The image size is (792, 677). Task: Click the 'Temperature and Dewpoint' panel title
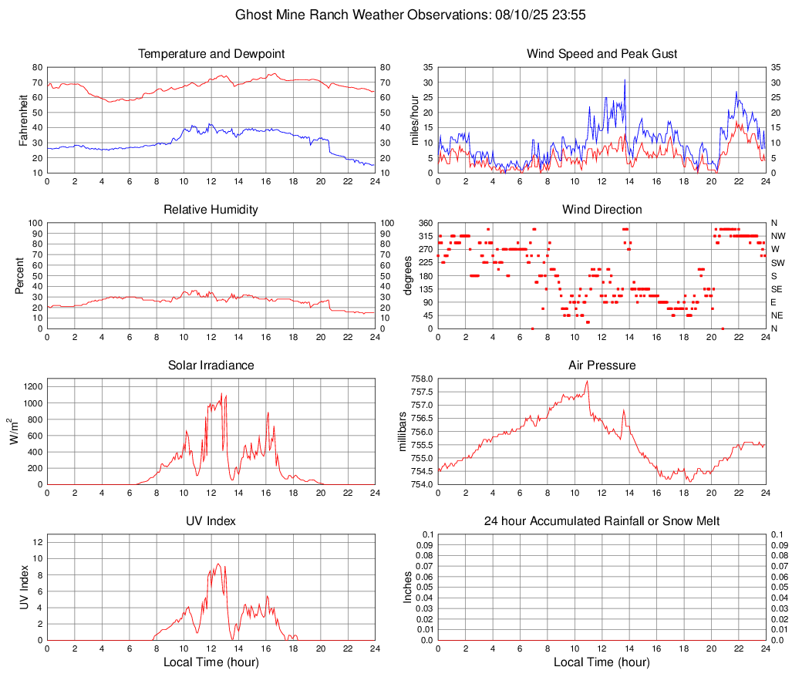tap(211, 54)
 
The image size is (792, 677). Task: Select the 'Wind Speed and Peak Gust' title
tap(602, 54)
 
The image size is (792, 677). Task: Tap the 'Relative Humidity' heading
tap(211, 210)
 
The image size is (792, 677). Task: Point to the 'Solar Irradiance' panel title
tap(211, 365)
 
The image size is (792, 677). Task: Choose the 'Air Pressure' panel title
tap(602, 365)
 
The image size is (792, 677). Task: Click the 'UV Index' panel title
tap(211, 521)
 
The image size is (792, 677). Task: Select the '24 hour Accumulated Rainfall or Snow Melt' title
tap(602, 521)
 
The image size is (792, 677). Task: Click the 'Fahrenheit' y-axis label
tap(24, 120)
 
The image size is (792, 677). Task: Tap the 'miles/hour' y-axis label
tap(414, 120)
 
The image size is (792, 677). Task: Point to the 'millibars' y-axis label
tap(402, 431)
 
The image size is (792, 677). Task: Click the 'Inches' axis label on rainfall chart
tap(408, 587)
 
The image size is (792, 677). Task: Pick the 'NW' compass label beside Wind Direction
tap(778, 236)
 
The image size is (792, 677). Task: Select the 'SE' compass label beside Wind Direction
tap(777, 289)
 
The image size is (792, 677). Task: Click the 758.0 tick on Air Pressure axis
tap(423, 379)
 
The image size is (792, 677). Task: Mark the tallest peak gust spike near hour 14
tap(625, 80)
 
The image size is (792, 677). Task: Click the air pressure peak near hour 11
tap(588, 381)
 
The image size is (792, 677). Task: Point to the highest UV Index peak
tap(218, 564)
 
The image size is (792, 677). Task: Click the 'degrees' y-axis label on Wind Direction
tap(408, 275)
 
